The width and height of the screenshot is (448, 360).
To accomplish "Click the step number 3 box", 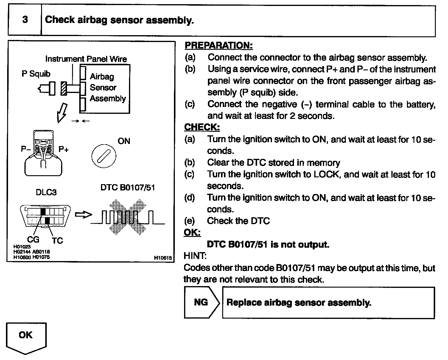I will click(x=25, y=20).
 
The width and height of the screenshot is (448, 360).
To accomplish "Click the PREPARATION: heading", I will click(x=219, y=45).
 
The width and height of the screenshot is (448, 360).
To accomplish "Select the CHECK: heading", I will click(x=202, y=127).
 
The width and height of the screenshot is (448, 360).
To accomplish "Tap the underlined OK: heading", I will click(x=192, y=232).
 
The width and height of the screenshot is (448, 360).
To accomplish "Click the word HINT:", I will click(x=195, y=256).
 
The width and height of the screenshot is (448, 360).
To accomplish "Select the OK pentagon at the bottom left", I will click(x=26, y=337).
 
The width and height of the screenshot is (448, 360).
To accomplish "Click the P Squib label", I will click(x=36, y=74).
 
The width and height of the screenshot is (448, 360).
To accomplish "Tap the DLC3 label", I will click(x=46, y=192).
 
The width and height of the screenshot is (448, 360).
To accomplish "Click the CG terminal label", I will click(x=33, y=239).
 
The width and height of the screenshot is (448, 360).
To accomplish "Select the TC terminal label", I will click(x=57, y=240).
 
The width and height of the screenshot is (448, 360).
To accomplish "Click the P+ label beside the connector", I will click(x=63, y=149).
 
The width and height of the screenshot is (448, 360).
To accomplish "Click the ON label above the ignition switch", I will click(x=124, y=141).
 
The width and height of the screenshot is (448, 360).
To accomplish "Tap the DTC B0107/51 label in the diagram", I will click(x=127, y=188).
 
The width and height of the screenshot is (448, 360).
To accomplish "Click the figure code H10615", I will click(x=163, y=258).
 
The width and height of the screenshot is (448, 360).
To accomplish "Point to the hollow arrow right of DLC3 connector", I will click(x=83, y=215).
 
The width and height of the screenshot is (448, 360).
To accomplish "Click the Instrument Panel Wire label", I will click(x=86, y=59).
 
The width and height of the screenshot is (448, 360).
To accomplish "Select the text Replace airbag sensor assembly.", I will click(x=299, y=303).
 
